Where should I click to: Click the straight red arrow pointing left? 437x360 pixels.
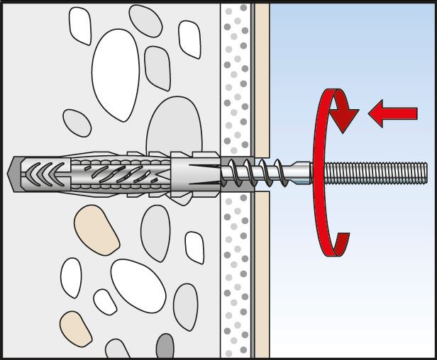(394, 113)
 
